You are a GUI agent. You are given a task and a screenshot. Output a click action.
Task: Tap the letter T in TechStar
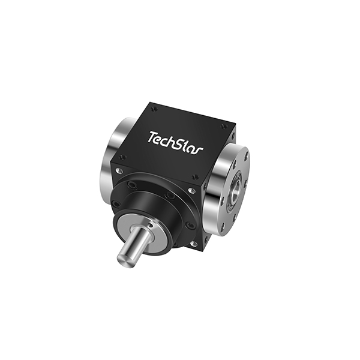(152, 137)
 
